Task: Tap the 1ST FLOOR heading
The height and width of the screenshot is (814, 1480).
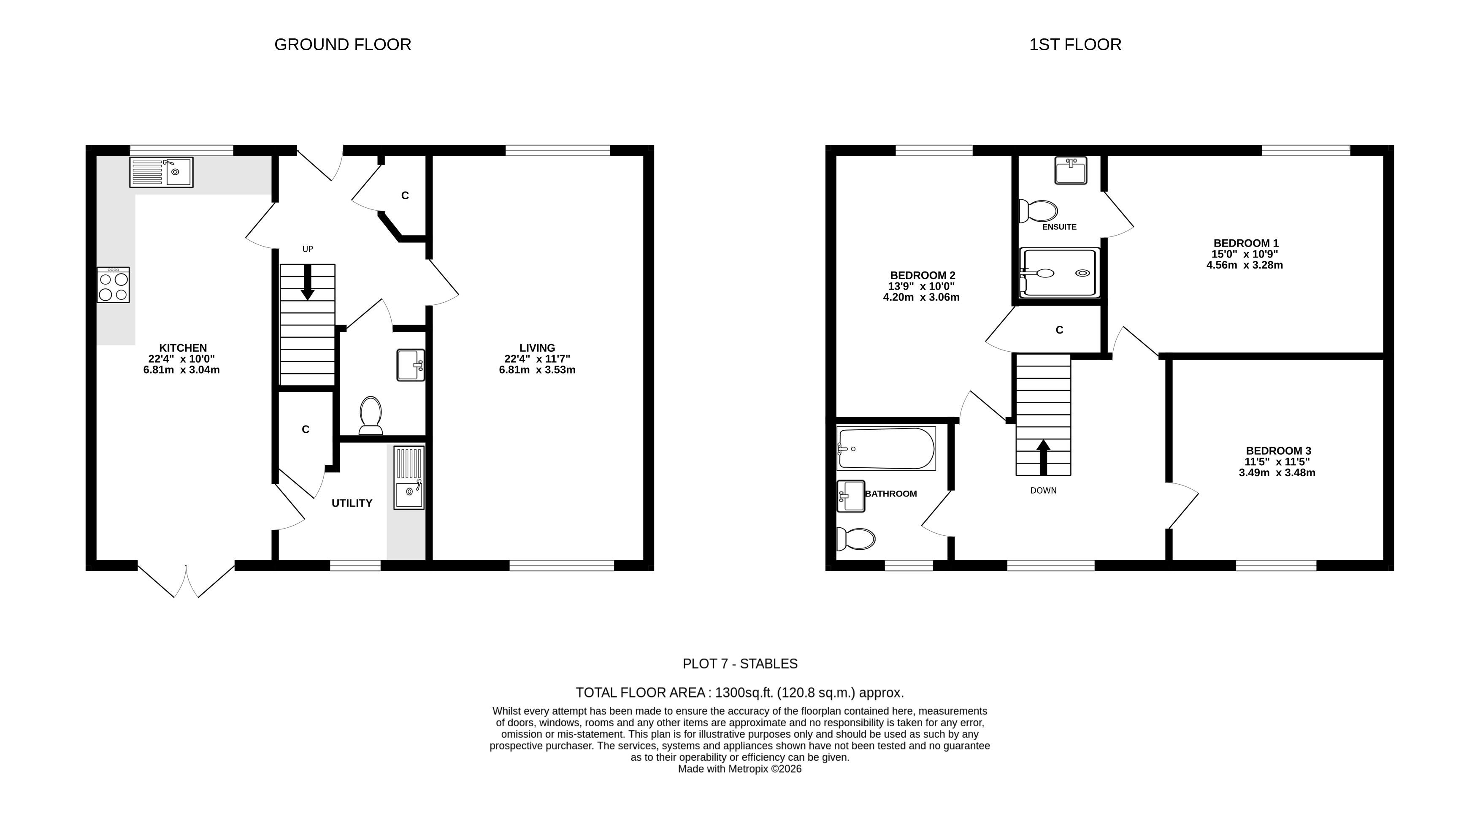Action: pyautogui.click(x=1075, y=45)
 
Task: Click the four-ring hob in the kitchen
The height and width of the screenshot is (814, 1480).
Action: pyautogui.click(x=113, y=285)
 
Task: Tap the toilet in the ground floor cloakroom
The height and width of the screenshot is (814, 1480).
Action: pyautogui.click(x=371, y=415)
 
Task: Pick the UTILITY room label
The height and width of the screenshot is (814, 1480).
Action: pyautogui.click(x=352, y=503)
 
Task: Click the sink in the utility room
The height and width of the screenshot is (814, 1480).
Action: pyautogui.click(x=409, y=478)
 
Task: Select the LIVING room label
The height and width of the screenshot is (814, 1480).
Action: pyautogui.click(x=537, y=348)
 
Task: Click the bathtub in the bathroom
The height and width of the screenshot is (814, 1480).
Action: pyautogui.click(x=886, y=448)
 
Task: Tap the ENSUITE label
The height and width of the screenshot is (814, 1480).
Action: pyautogui.click(x=1059, y=227)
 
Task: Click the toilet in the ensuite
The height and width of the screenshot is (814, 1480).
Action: pyautogui.click(x=1038, y=211)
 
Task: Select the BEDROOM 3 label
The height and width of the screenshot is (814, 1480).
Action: pyautogui.click(x=1278, y=451)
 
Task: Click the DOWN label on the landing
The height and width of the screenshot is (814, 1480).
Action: pyautogui.click(x=1043, y=490)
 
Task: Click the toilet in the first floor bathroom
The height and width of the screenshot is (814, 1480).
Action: pyautogui.click(x=855, y=539)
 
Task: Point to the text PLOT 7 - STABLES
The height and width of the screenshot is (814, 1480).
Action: pyautogui.click(x=740, y=664)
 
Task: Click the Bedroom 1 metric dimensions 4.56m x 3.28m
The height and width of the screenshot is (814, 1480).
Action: pyautogui.click(x=1245, y=265)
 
